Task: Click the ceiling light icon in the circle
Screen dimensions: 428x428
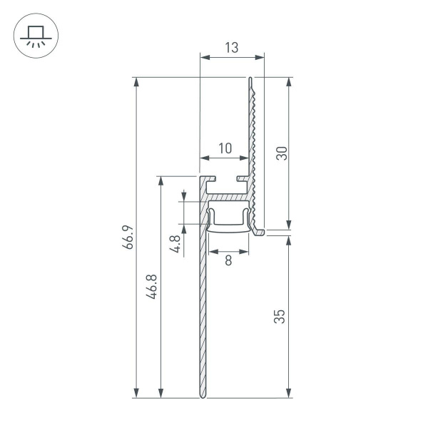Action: (x=34, y=36)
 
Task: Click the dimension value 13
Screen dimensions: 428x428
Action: (x=231, y=48)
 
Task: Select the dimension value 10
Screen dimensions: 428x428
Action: (x=225, y=148)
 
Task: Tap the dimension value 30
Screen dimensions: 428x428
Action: (x=281, y=153)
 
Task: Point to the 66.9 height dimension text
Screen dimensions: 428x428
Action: (x=128, y=237)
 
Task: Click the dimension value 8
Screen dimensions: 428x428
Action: (x=228, y=261)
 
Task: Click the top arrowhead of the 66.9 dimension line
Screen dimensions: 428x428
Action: (x=136, y=81)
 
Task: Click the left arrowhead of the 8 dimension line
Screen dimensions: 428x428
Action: (x=212, y=251)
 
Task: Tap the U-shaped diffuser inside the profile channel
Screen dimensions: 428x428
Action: (x=228, y=221)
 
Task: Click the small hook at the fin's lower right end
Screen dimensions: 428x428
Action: (x=260, y=230)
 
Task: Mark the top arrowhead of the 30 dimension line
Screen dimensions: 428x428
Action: (x=288, y=81)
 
